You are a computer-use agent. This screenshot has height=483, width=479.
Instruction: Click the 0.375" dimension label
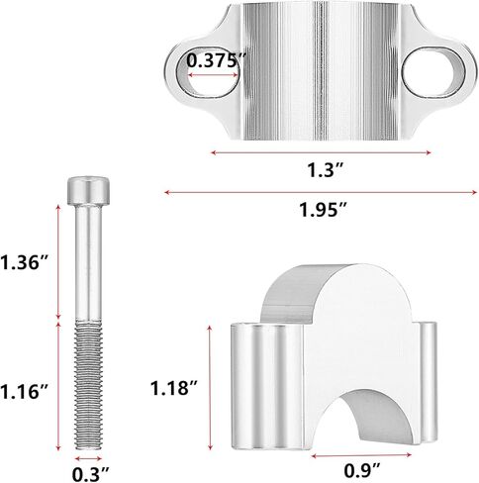pos(217,60)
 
